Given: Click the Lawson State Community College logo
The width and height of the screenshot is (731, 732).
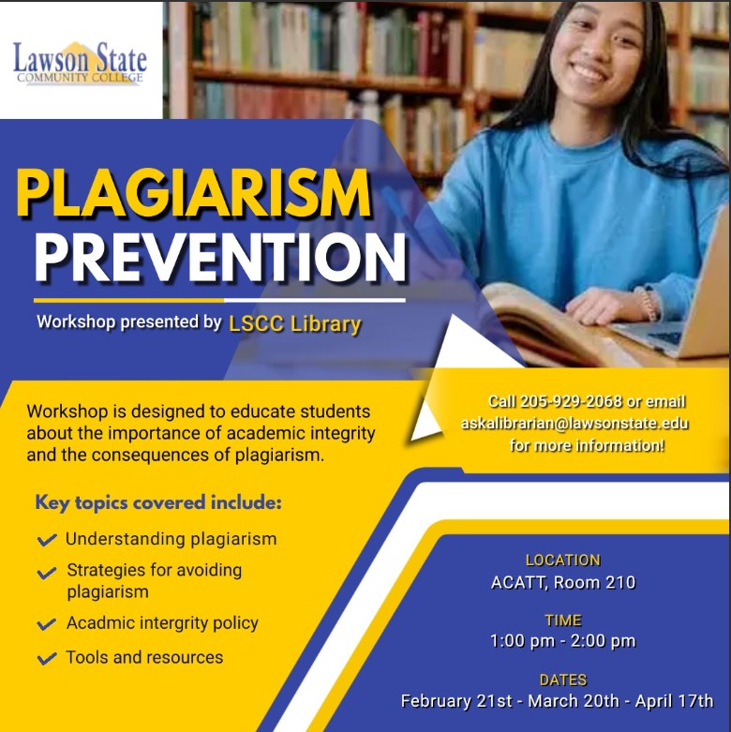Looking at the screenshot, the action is coord(80,63).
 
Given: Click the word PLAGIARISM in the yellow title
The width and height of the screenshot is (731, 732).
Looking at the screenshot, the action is coord(194,193).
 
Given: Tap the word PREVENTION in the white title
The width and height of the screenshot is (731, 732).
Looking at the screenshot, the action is coord(220,257).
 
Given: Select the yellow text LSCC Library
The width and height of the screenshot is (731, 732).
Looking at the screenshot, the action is coord(295,324).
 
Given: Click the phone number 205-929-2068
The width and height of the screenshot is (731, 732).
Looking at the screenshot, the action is coord(571,401).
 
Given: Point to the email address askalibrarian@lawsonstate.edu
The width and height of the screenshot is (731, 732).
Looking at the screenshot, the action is coord(574,423).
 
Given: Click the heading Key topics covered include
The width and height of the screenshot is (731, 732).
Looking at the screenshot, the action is coord(158,502).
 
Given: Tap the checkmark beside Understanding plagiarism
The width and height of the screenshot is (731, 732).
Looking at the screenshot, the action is coord(47,540).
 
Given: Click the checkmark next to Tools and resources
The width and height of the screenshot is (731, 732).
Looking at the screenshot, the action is coord(47,658).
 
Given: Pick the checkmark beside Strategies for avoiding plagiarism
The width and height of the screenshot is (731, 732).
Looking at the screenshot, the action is coord(47,573).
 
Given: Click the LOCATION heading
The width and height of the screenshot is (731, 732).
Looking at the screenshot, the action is coord(563,560).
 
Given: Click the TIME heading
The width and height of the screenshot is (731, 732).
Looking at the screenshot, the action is coord(563,620).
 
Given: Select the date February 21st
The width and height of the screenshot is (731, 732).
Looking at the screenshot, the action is coord(456,701).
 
